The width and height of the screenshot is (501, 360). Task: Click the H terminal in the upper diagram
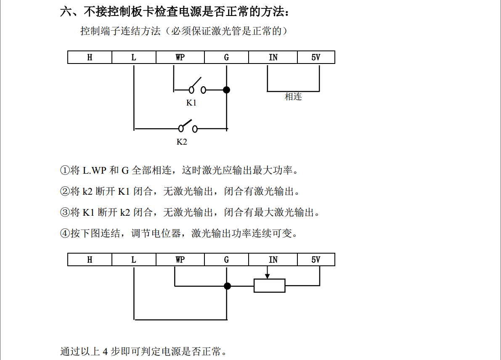click(x=90, y=58)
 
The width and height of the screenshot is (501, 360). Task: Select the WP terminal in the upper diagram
click(x=180, y=58)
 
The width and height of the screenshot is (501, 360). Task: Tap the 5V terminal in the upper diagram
click(x=316, y=58)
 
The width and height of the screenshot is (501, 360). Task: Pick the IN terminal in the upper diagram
click(x=273, y=58)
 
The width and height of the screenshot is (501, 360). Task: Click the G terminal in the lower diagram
click(x=226, y=260)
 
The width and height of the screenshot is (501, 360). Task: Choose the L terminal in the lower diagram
click(x=134, y=260)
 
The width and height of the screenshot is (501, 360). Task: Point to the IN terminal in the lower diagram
click(x=273, y=260)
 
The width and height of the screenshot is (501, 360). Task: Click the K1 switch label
click(x=191, y=103)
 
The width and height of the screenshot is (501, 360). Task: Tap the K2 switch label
click(x=182, y=142)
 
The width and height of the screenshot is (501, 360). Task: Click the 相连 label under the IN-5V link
click(x=293, y=97)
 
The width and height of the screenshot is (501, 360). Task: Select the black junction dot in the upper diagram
click(x=226, y=90)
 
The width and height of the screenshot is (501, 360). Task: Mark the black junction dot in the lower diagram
click(x=227, y=286)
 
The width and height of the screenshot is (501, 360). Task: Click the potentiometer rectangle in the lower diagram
click(x=269, y=286)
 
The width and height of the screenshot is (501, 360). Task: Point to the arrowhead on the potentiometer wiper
click(x=268, y=276)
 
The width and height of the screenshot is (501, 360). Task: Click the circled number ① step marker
click(x=65, y=171)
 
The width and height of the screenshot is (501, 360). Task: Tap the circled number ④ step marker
click(x=65, y=233)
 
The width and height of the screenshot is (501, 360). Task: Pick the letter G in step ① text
click(x=125, y=171)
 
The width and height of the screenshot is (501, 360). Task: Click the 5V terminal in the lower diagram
click(x=316, y=260)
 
